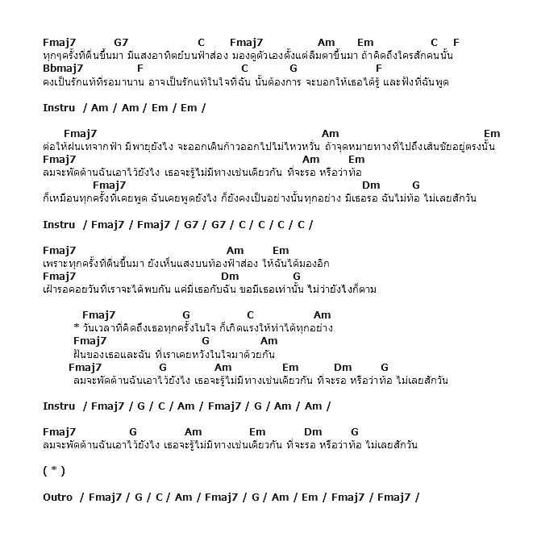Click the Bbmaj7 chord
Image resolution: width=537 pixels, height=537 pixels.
(x=63, y=69)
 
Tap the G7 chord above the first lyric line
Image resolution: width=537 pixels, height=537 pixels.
(x=121, y=42)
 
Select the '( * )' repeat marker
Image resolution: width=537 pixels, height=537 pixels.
(x=54, y=471)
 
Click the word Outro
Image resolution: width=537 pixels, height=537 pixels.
(x=58, y=497)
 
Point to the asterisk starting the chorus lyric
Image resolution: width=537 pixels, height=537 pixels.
(x=76, y=328)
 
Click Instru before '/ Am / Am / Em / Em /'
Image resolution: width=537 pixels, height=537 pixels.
(x=59, y=107)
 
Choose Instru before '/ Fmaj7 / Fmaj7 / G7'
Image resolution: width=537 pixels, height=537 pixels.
(x=59, y=224)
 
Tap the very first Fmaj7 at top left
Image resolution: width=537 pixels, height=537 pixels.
(x=59, y=42)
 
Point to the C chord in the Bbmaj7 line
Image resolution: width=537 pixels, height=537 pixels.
(x=244, y=69)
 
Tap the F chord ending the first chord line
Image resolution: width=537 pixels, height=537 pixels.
(x=456, y=42)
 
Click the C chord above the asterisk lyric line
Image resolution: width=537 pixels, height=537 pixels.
(x=250, y=315)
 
